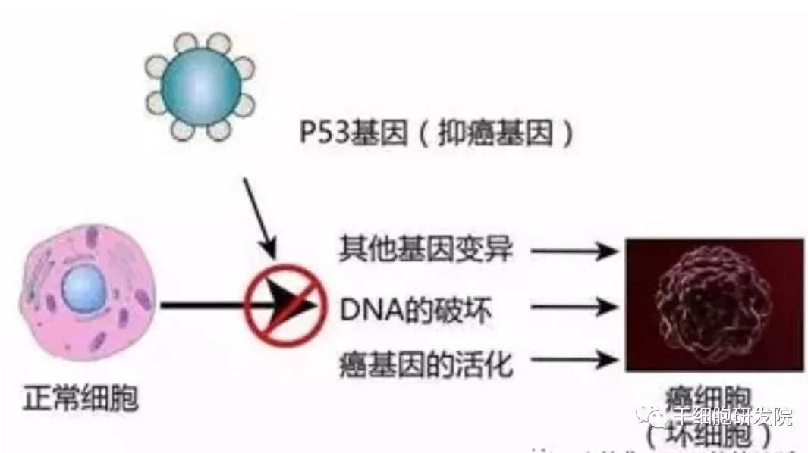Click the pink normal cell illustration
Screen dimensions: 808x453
click(x=87, y=292)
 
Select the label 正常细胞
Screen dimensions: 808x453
click(x=80, y=398)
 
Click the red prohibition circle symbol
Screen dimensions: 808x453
click(x=280, y=305)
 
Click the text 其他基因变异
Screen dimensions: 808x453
click(x=426, y=249)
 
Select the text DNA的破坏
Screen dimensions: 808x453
click(x=416, y=310)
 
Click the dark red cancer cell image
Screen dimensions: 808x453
click(x=714, y=304)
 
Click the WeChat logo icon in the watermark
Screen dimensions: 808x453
click(x=652, y=414)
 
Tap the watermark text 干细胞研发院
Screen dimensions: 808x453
click(x=732, y=416)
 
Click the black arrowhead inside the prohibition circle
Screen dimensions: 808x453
click(x=292, y=302)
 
